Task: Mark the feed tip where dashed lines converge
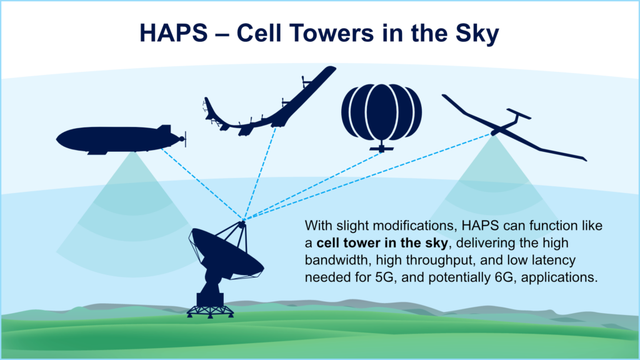click(242, 220)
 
